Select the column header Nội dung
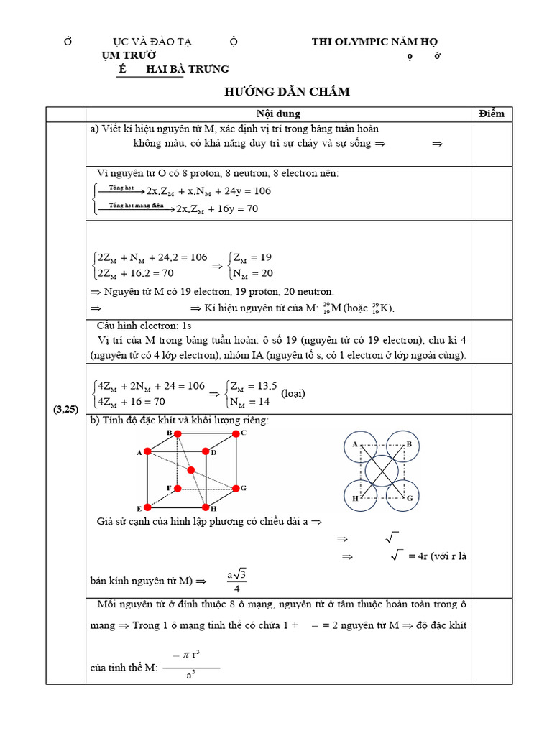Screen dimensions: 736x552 coord(278,114)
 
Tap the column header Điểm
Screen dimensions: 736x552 coord(492,114)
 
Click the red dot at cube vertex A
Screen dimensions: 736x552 coord(147,451)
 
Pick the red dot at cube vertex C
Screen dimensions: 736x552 coord(235,433)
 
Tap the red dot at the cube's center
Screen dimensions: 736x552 coord(191,470)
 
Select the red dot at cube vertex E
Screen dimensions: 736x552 coord(147,507)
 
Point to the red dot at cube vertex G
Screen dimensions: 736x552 coord(235,488)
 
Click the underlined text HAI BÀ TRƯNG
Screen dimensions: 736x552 coord(187,69)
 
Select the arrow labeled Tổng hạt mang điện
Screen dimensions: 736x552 coord(137,206)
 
